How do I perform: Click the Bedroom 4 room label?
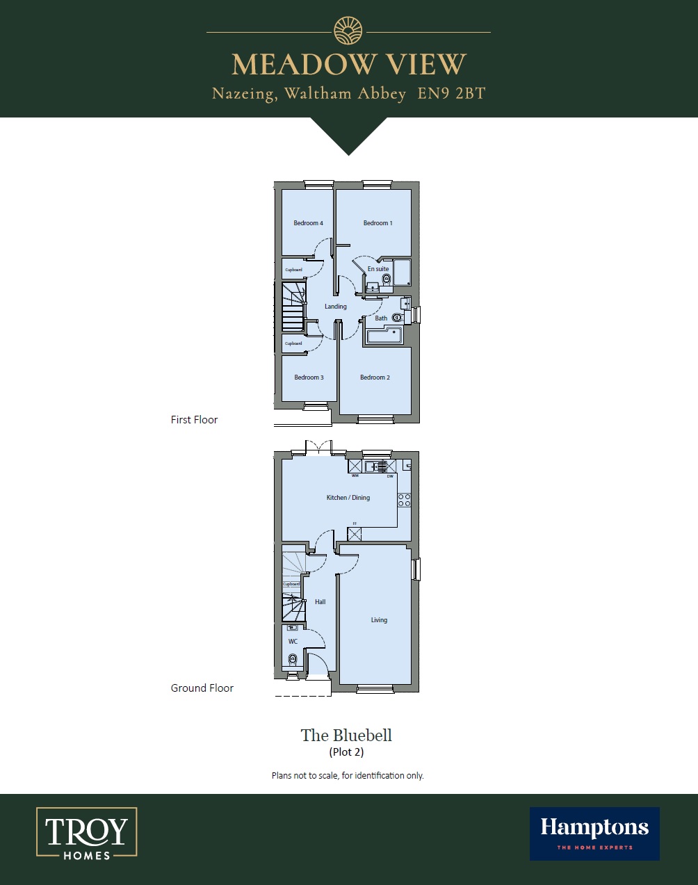click(308, 223)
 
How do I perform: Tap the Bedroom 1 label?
click(378, 223)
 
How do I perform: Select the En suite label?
click(378, 269)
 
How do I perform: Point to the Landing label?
click(335, 307)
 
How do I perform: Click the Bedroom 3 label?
click(309, 377)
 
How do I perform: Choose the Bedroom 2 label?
click(375, 377)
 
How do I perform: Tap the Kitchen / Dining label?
click(348, 498)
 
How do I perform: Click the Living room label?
click(379, 620)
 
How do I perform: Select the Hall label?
click(320, 602)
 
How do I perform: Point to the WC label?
click(293, 642)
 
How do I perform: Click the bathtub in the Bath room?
click(384, 336)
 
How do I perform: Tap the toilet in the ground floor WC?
click(293, 659)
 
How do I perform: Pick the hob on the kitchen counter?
click(404, 500)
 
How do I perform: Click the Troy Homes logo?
click(87, 832)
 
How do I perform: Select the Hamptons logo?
click(594, 833)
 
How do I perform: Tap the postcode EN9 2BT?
click(451, 93)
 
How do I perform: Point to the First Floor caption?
click(194, 420)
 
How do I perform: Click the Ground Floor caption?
click(202, 688)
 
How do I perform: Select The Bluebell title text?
click(346, 736)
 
